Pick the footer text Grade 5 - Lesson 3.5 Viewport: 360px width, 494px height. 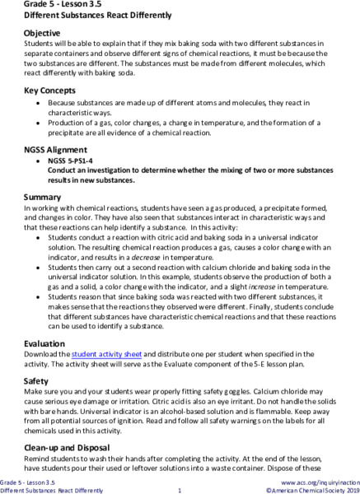27,480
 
